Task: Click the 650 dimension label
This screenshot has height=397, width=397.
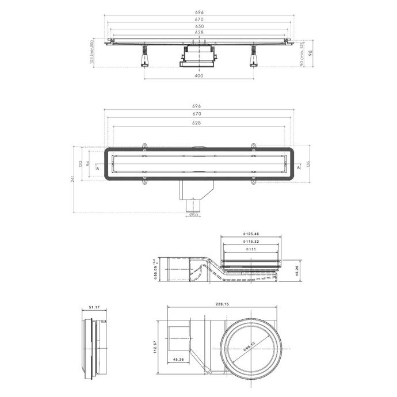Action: [x=199, y=26]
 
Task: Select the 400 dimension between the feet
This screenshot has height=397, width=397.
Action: [x=199, y=75]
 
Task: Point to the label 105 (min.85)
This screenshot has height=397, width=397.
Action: [x=91, y=54]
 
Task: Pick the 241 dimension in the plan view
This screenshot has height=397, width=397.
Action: [x=74, y=179]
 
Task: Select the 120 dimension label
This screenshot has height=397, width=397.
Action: [x=81, y=163]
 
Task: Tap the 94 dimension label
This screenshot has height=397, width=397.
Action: [x=87, y=163]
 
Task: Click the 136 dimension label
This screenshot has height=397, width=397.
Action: [x=308, y=164]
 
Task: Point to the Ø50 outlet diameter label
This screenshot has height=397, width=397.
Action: [x=194, y=215]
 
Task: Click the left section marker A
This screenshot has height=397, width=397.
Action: [x=98, y=168]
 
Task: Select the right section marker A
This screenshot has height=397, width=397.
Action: [x=299, y=168]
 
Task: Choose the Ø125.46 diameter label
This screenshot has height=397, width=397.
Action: [x=250, y=234]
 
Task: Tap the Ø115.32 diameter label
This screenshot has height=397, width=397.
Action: [x=250, y=242]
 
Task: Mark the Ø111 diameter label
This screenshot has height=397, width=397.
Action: [x=250, y=250]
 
